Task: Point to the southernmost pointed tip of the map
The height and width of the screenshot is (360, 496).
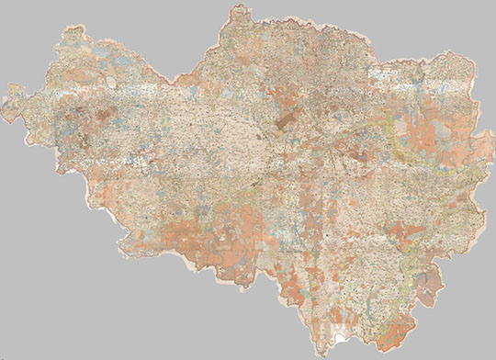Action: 323,354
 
